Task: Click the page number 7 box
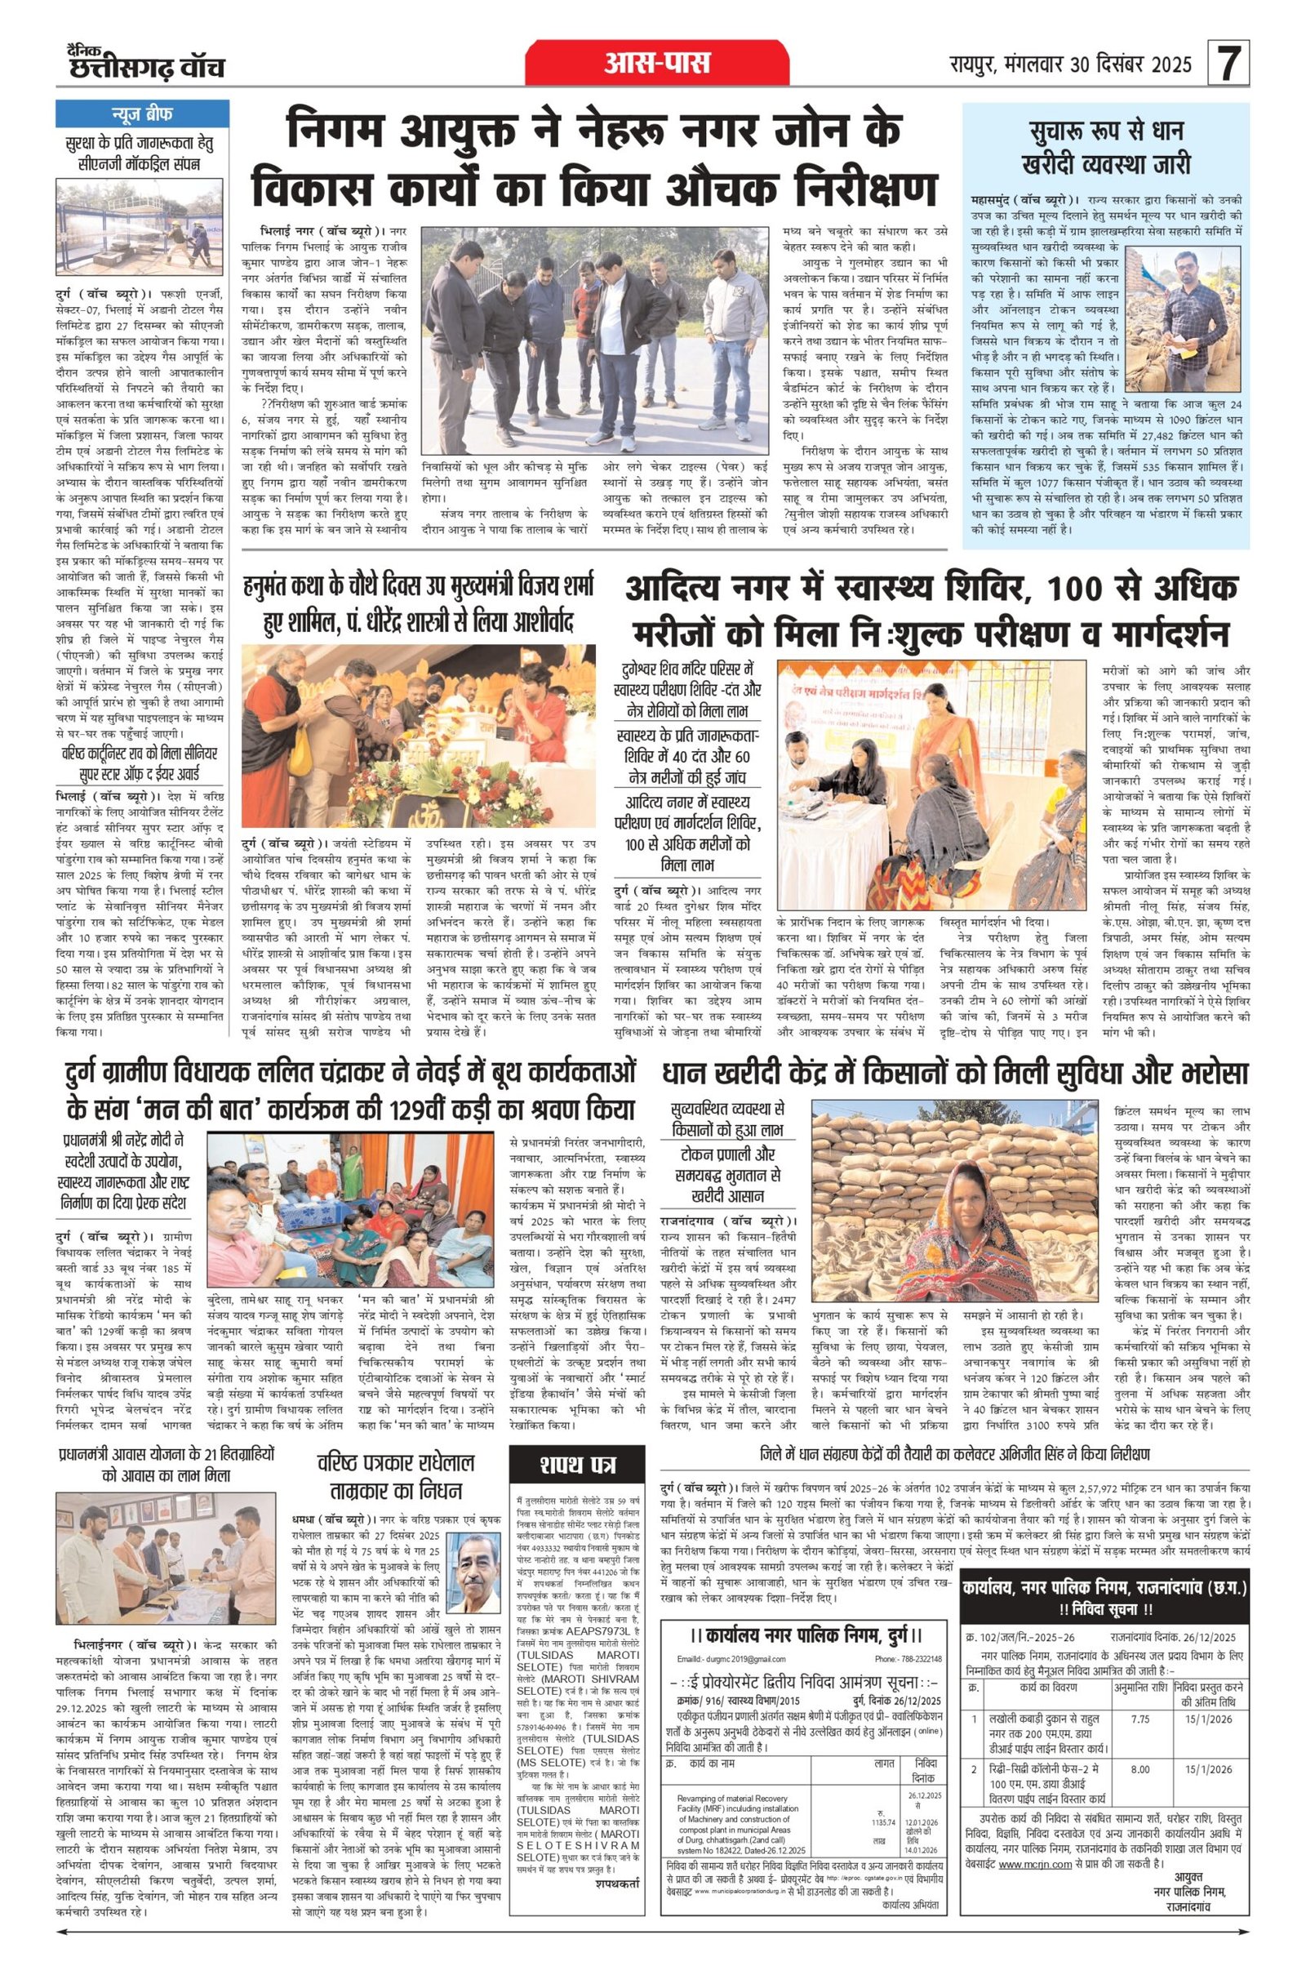pyautogui.click(x=1228, y=64)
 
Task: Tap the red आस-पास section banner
pyautogui.click(x=657, y=63)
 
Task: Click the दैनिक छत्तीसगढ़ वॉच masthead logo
pyautogui.click(x=147, y=63)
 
